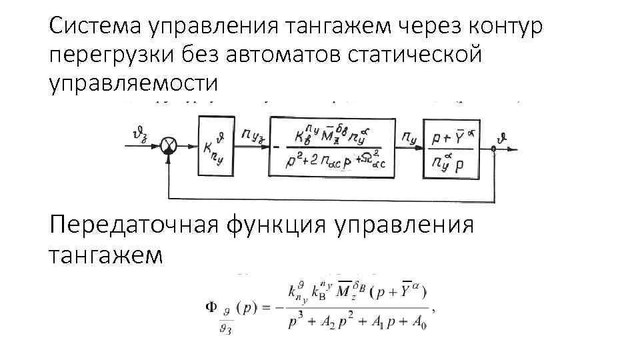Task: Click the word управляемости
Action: coord(133,84)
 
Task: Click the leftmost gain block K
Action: coord(217,146)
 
